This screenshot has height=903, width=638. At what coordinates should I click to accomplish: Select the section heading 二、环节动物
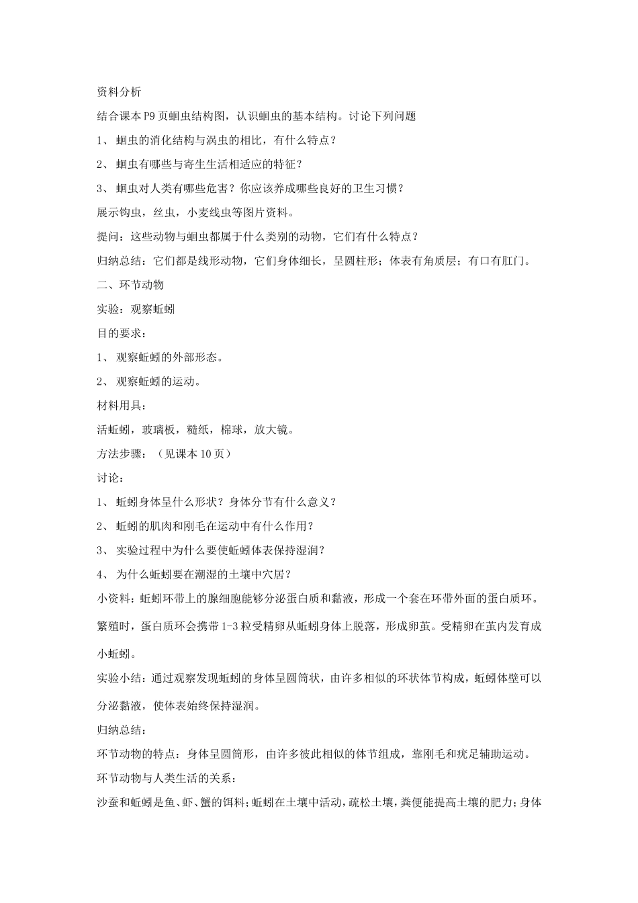[x=130, y=284]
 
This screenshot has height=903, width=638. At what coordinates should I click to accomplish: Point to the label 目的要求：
[x=122, y=333]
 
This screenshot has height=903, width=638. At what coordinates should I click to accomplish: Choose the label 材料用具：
[x=122, y=406]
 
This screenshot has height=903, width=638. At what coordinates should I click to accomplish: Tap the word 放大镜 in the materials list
[x=271, y=430]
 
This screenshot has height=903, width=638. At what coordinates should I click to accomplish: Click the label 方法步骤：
[x=122, y=454]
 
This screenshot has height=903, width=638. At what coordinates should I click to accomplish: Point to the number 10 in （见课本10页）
[x=207, y=454]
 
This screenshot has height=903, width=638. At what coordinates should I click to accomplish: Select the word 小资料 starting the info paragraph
[x=113, y=599]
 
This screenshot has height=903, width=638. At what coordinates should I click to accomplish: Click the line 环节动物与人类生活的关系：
[x=164, y=778]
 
